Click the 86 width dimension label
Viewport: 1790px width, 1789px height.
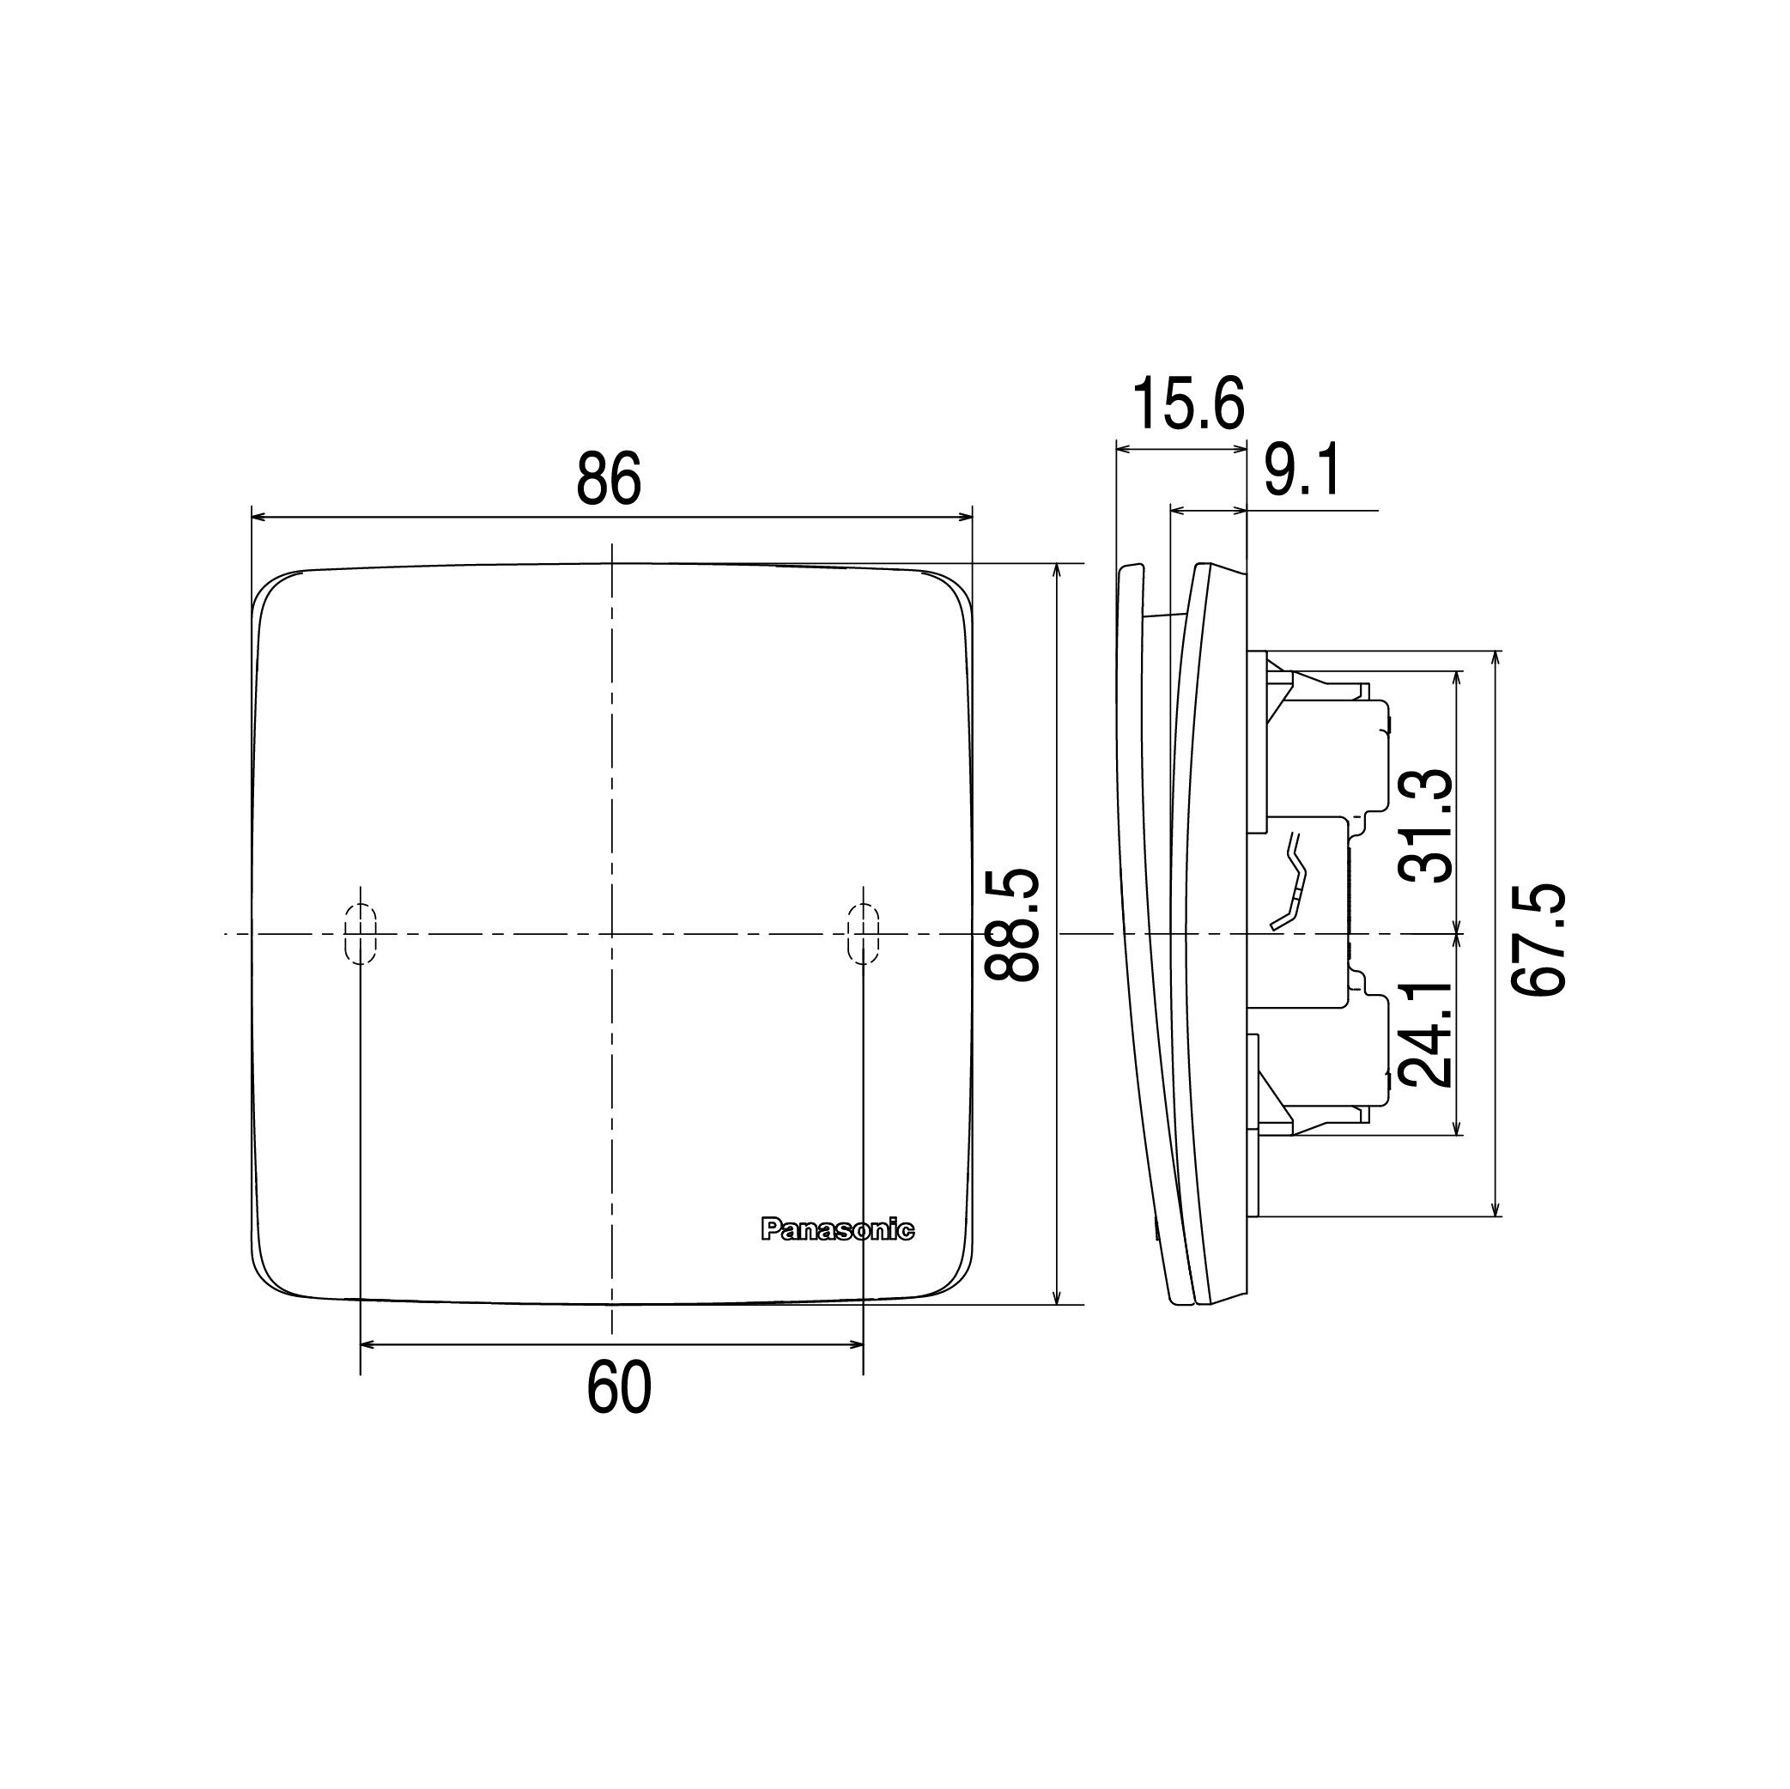click(x=609, y=479)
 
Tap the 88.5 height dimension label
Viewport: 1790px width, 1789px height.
click(x=1011, y=924)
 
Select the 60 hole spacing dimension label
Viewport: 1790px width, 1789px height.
click(x=619, y=1390)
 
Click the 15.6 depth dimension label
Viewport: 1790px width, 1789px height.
click(x=1188, y=405)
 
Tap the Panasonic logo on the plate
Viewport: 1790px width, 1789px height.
click(x=837, y=1230)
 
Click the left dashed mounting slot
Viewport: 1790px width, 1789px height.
click(x=361, y=934)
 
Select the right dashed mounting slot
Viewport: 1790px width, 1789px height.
click(x=863, y=934)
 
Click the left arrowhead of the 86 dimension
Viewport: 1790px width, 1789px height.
click(x=259, y=517)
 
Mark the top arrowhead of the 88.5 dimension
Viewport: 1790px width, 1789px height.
click(x=1057, y=572)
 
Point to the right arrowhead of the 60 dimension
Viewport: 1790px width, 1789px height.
click(x=855, y=1343)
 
